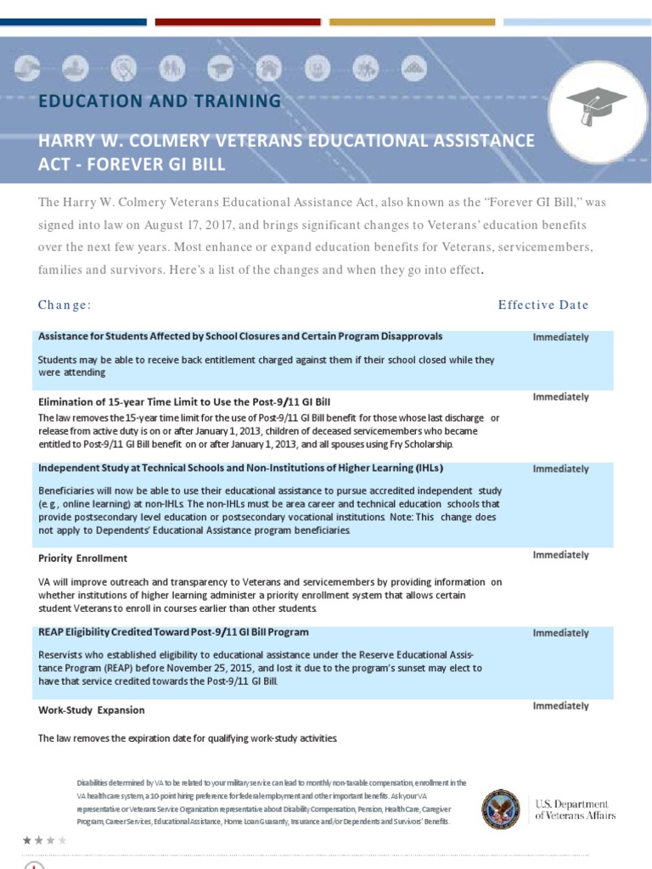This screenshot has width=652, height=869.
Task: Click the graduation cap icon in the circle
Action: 596,104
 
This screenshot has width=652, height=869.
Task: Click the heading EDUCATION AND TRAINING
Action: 160,101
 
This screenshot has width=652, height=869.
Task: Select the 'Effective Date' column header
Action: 542,305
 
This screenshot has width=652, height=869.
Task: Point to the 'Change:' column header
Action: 65,305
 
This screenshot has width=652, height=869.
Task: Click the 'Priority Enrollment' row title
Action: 83,558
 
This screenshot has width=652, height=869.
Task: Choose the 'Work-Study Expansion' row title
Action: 92,709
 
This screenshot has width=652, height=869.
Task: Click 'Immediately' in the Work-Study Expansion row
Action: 560,706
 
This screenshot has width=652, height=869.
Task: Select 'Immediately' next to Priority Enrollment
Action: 560,555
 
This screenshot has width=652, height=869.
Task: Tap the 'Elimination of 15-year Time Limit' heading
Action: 190,401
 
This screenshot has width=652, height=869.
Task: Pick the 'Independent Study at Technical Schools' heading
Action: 241,468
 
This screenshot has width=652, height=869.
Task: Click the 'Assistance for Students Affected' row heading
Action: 240,336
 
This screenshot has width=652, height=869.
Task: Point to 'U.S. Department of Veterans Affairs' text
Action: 575,810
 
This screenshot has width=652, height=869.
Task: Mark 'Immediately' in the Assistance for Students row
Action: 560,337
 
